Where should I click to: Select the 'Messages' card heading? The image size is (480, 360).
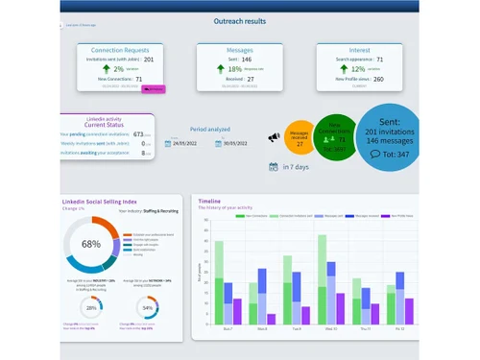pyautogui.click(x=239, y=49)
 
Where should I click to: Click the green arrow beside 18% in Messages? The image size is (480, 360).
pyautogui.click(x=220, y=69)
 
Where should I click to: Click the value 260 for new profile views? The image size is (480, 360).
pyautogui.click(x=378, y=80)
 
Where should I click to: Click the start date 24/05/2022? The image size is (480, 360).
pyautogui.click(x=186, y=143)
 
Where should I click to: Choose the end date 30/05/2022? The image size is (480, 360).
pyautogui.click(x=235, y=143)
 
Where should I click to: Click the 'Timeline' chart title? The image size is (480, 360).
pyautogui.click(x=209, y=202)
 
